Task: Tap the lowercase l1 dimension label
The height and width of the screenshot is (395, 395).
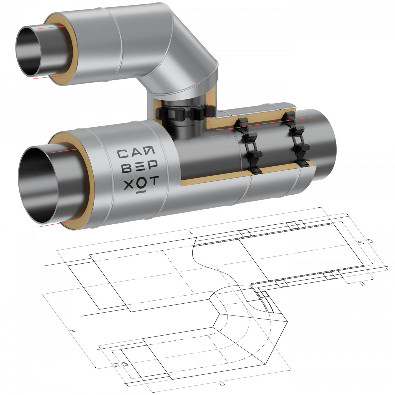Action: coord(363,284)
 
